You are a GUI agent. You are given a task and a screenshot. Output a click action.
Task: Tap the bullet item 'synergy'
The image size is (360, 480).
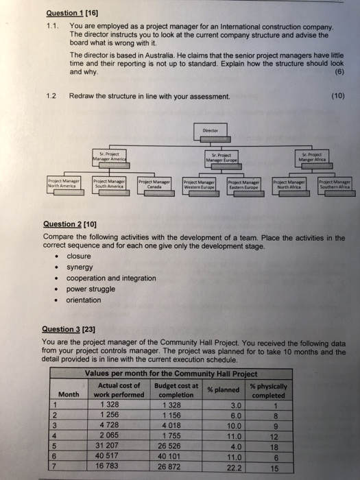click(81, 267)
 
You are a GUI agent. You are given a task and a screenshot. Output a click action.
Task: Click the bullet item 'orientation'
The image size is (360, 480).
click(84, 300)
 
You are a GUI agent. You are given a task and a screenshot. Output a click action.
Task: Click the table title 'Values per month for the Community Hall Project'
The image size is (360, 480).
click(171, 374)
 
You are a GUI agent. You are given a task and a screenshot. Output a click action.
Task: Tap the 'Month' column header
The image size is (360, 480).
click(69, 394)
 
